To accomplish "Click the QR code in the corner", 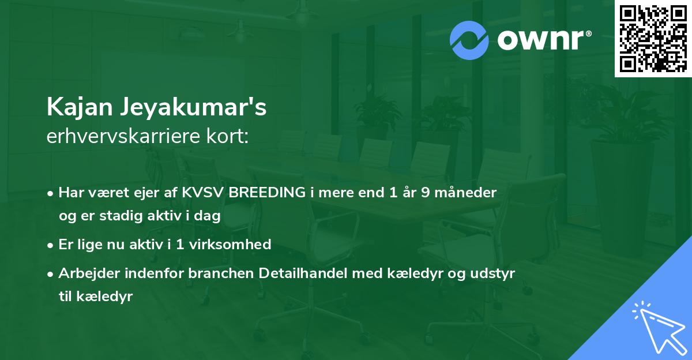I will tap(653, 39).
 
